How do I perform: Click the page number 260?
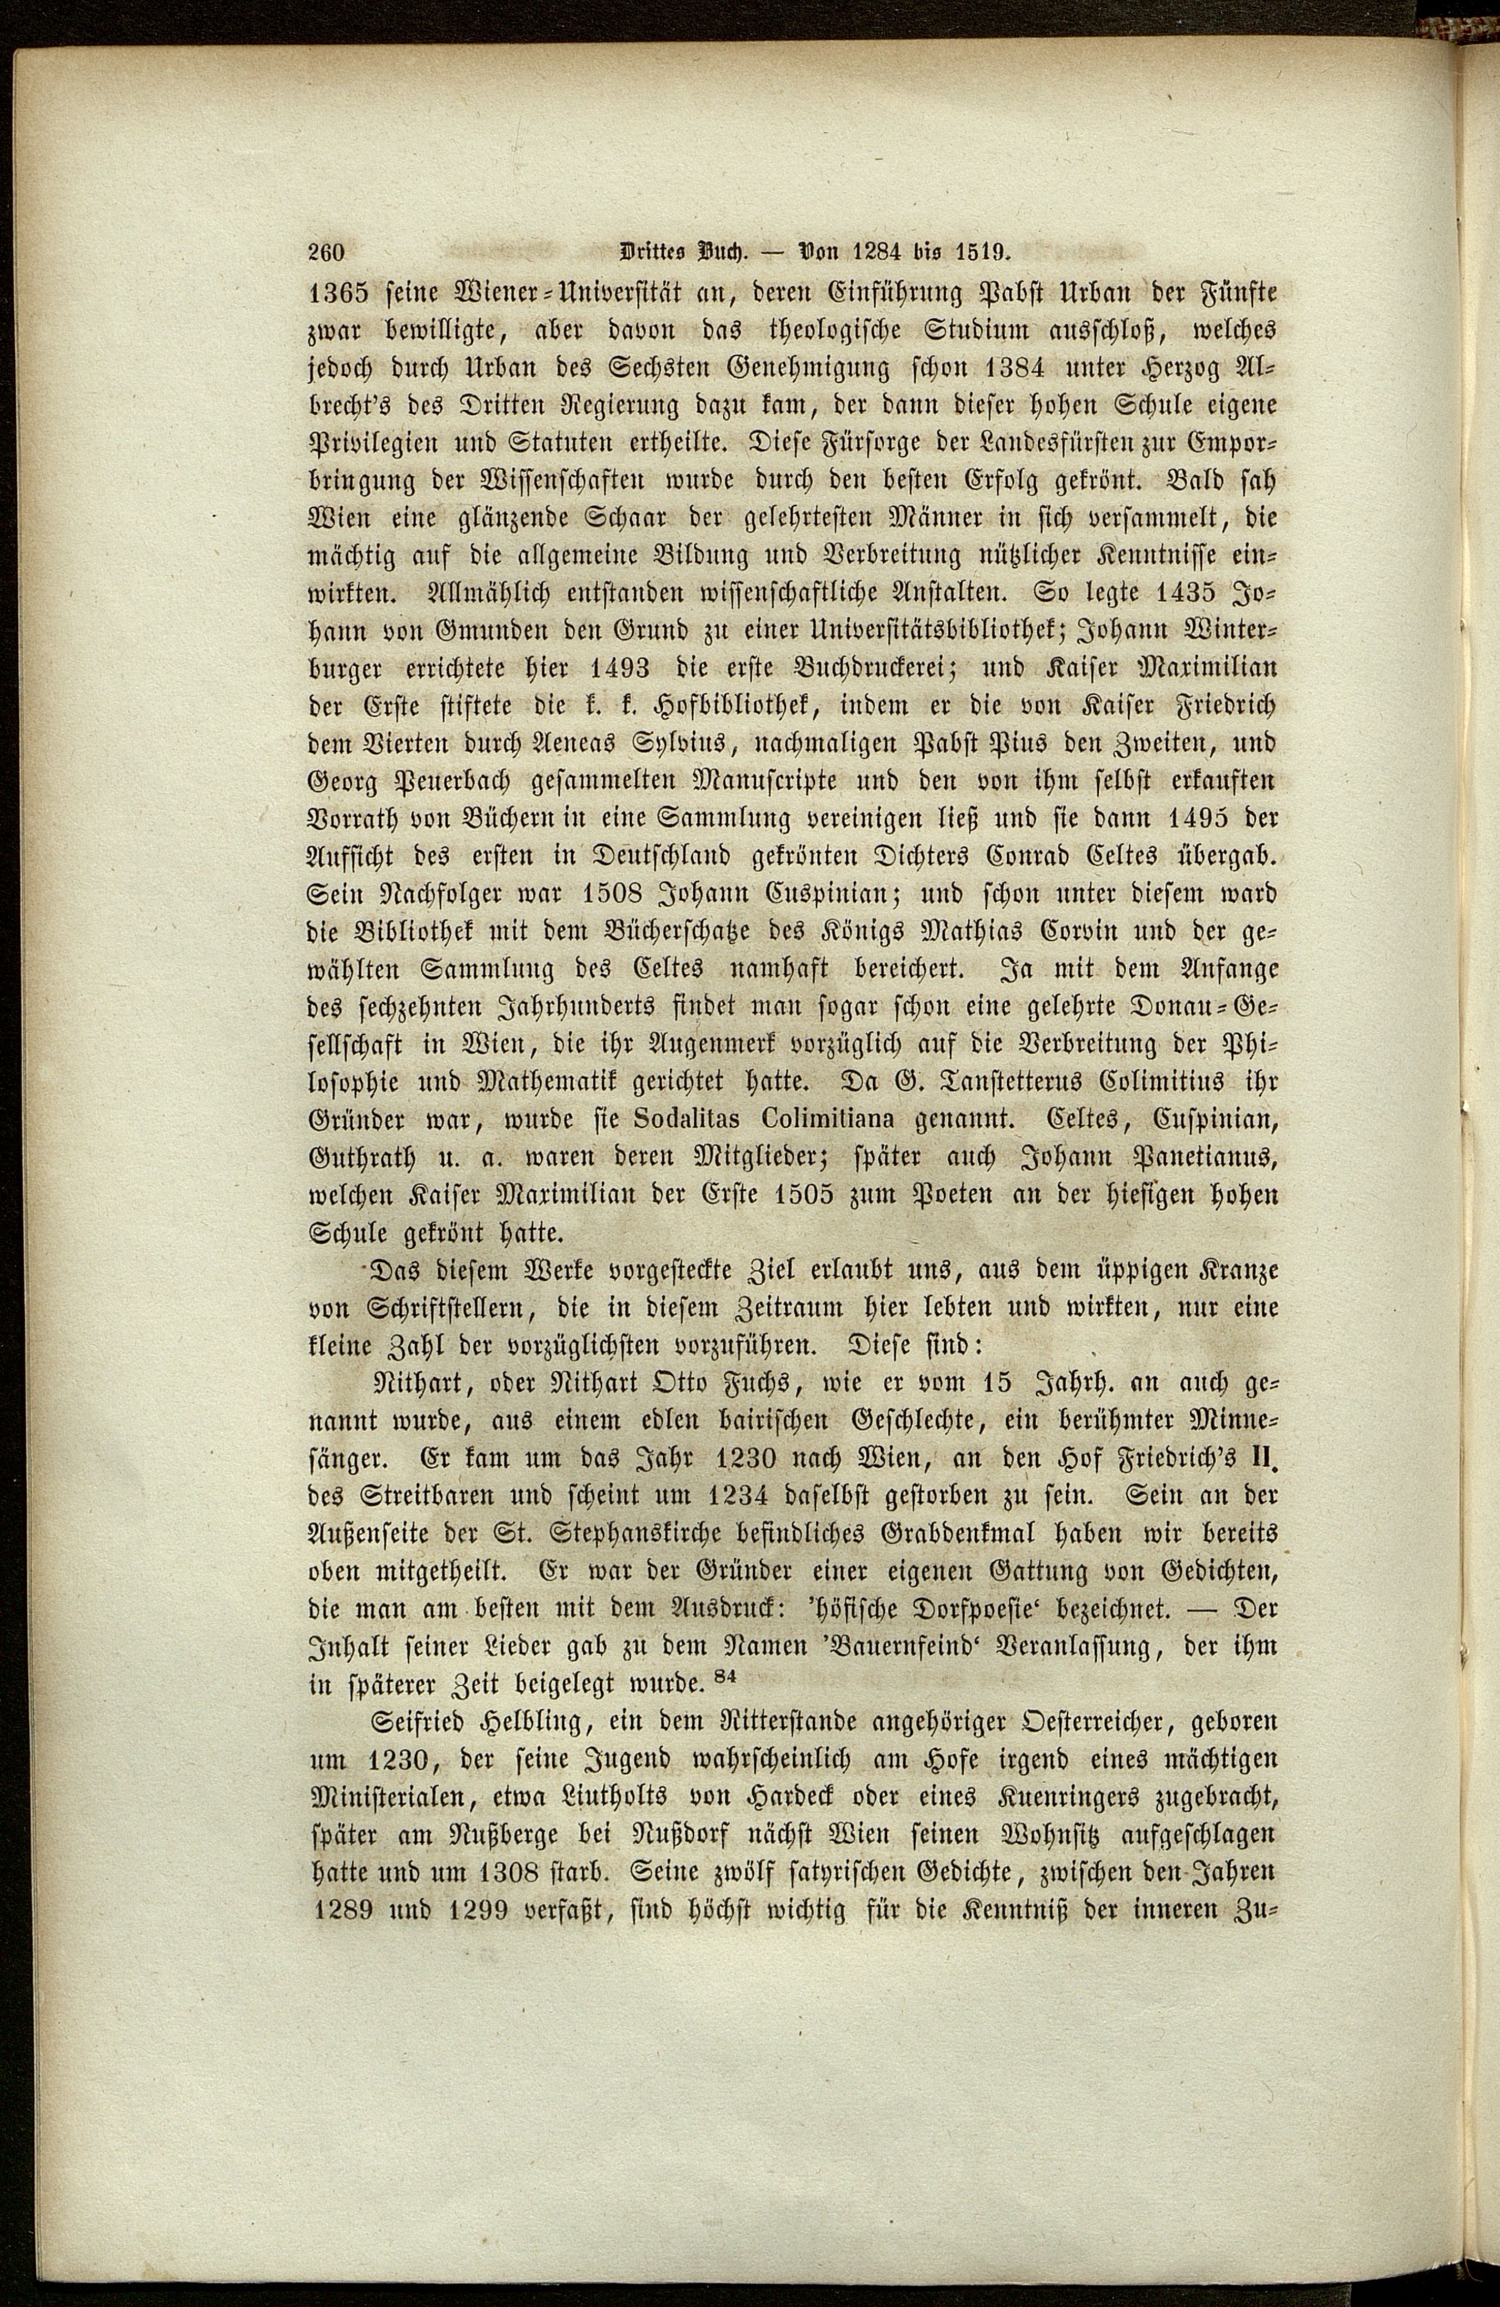tap(326, 254)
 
